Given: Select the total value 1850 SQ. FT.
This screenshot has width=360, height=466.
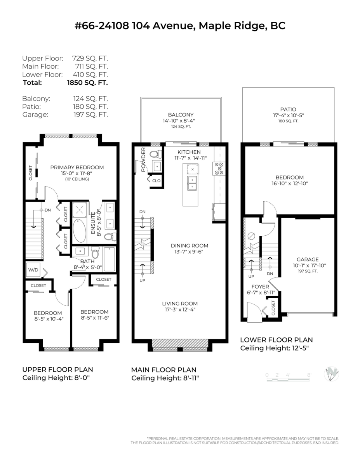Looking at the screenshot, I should click(87, 82).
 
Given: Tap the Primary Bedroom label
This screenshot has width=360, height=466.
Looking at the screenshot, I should click(77, 167).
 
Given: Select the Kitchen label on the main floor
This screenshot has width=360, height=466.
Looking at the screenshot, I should click(189, 152).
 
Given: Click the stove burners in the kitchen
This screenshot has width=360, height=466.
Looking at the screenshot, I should click(218, 169).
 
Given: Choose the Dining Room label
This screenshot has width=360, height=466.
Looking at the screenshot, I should click(190, 245).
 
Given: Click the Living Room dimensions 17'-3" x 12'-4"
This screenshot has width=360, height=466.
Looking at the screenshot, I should click(180, 310).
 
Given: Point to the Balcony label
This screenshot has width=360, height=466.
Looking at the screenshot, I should click(181, 115).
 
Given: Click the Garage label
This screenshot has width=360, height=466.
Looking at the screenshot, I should click(308, 259).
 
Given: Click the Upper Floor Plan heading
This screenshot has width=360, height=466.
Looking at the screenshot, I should click(57, 369).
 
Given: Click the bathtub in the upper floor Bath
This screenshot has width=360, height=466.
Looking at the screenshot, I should click(110, 259).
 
